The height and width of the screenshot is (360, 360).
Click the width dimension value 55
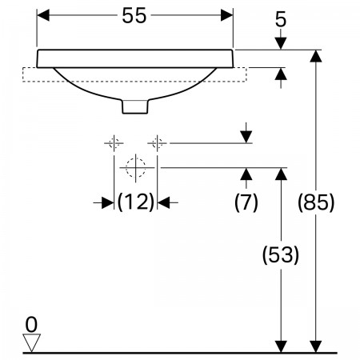[134, 15]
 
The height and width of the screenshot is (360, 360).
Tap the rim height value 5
[281, 19]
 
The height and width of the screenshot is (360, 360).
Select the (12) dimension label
[136, 202]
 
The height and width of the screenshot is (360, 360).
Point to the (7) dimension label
[246, 202]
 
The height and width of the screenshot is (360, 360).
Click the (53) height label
[281, 255]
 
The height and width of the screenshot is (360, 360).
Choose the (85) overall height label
[316, 202]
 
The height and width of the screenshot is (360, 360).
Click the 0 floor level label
[31, 325]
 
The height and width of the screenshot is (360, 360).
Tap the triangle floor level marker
[31, 342]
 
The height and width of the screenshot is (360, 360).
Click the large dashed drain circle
[136, 168]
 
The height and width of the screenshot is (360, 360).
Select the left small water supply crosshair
[114, 143]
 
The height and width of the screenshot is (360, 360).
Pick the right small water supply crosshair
[158, 143]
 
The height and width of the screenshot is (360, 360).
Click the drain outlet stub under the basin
[135, 106]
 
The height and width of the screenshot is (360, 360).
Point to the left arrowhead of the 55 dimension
[43, 15]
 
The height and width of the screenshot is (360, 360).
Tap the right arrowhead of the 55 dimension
[227, 15]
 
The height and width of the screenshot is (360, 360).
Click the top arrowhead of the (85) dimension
[316, 56]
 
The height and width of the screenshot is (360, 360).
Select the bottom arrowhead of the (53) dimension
[281, 346]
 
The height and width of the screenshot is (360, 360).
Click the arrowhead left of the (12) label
[108, 203]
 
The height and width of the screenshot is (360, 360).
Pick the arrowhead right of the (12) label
[163, 203]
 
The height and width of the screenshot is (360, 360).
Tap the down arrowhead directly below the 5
[281, 43]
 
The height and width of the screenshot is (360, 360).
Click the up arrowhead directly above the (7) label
[246, 174]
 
